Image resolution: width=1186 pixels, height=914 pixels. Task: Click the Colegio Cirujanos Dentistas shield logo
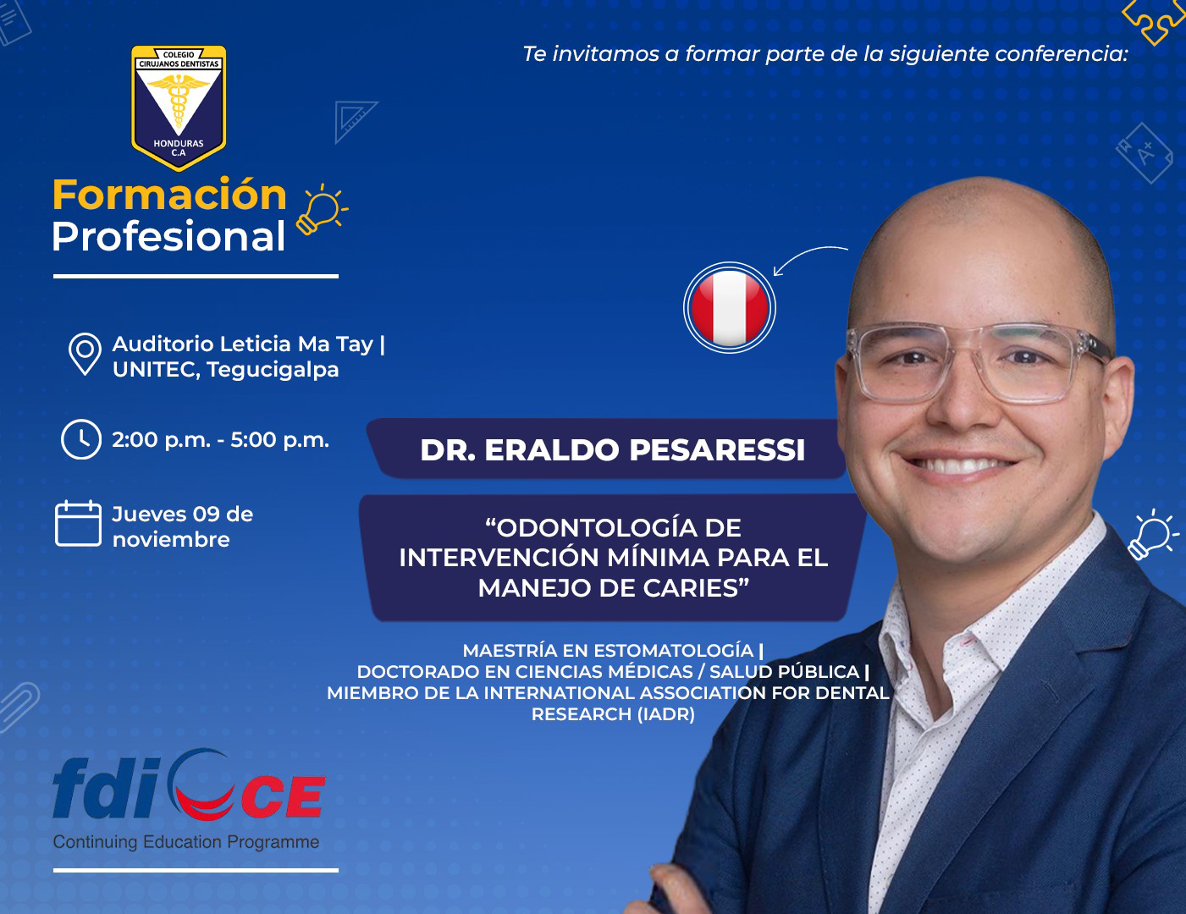tap(179, 107)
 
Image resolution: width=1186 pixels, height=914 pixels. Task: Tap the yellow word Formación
tap(169, 195)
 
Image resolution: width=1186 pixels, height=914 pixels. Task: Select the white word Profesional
tap(168, 237)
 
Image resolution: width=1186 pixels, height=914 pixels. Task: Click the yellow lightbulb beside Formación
tap(322, 210)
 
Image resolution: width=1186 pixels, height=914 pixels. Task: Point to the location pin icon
tap(85, 354)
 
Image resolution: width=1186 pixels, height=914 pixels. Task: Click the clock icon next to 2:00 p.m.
tap(80, 438)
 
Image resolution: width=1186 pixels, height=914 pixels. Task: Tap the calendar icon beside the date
tap(78, 523)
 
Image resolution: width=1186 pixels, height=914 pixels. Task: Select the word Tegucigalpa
tap(273, 371)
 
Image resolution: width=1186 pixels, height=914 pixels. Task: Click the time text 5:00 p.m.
tap(280, 440)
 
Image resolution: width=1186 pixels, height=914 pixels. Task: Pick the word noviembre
tap(171, 540)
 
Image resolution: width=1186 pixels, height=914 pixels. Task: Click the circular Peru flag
tap(729, 308)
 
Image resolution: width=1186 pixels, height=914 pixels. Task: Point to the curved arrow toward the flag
tap(807, 254)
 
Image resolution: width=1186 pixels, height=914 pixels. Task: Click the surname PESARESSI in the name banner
tap(717, 450)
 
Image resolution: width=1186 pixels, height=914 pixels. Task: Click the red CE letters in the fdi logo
tap(284, 796)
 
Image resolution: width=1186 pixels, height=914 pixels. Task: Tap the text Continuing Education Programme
tap(186, 842)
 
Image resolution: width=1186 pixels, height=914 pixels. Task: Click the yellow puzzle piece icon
tap(1154, 20)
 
